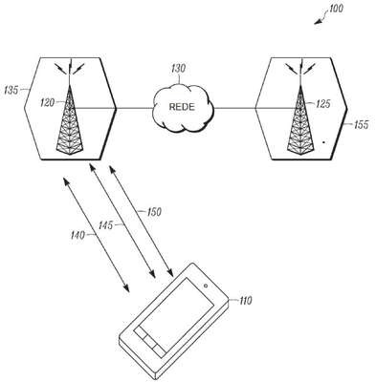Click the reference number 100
336,9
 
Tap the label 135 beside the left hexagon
11,90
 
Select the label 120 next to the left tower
48,102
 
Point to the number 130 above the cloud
179,69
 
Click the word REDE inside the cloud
182,107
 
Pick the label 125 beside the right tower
323,104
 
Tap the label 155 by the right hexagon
361,124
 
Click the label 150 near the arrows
154,212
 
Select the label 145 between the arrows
105,225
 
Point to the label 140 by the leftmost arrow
77,235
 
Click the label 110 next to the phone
245,300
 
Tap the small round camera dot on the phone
206,286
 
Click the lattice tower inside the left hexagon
70,120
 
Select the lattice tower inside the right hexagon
300,120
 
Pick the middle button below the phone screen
149,340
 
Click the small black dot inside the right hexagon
323,142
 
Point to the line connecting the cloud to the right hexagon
234,108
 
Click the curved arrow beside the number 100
321,17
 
